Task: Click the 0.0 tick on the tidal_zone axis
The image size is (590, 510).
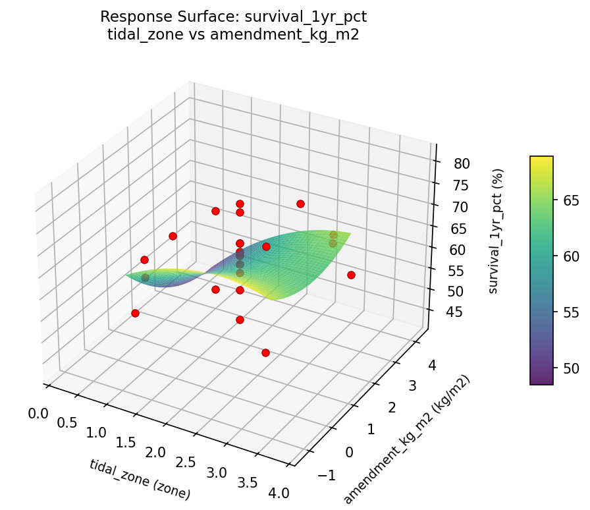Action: (39, 413)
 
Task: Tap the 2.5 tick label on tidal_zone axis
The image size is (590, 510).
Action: (186, 461)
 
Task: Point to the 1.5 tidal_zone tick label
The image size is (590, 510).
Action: (126, 442)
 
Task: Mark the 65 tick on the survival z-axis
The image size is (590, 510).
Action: (456, 228)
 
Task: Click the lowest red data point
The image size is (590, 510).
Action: (265, 353)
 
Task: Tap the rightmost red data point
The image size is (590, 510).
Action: (351, 275)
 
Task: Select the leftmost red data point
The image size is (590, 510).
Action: (135, 313)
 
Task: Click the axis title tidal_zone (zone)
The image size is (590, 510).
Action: (140, 478)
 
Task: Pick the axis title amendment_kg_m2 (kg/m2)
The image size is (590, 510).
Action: (407, 439)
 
